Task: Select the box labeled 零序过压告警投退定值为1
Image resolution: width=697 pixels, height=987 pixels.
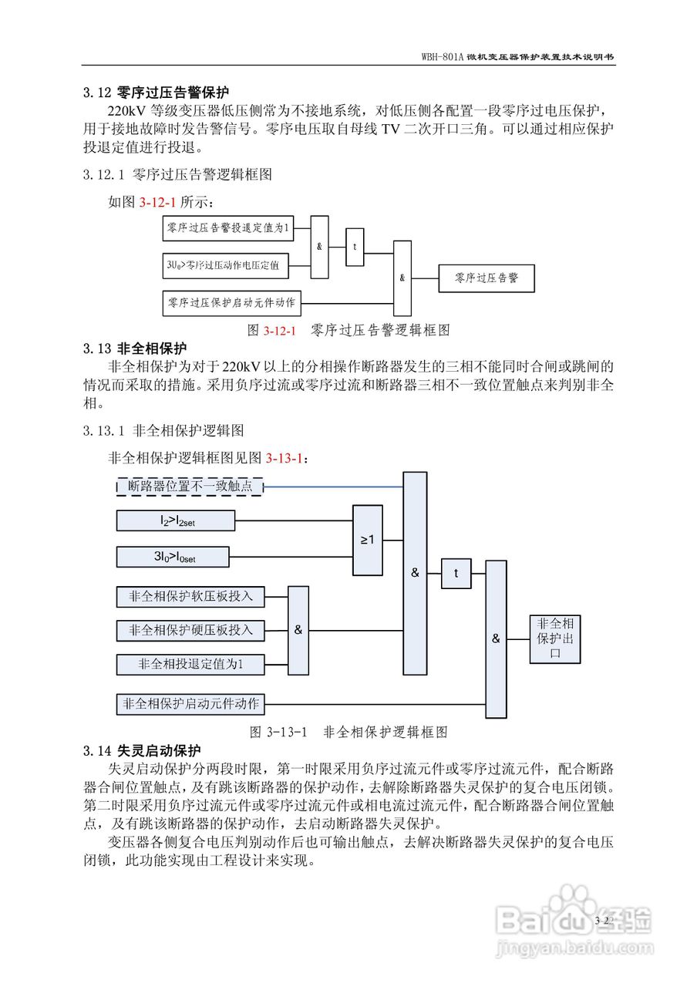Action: (227, 228)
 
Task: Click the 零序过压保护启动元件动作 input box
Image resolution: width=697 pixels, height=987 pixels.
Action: (232, 303)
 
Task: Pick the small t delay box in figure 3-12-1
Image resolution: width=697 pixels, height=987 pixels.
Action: (355, 248)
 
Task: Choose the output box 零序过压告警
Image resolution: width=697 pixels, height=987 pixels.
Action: (486, 278)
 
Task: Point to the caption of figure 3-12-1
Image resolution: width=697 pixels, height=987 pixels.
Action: (348, 330)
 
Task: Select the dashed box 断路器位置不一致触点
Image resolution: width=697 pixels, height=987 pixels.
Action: (190, 486)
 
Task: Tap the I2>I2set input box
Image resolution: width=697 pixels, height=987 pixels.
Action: (176, 521)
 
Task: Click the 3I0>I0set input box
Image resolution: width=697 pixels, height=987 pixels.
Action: (173, 557)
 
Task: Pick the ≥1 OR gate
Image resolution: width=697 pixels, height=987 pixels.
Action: (368, 540)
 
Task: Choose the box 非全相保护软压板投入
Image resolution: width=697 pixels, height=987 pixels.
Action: (190, 596)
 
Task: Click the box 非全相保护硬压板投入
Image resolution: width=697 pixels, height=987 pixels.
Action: (190, 630)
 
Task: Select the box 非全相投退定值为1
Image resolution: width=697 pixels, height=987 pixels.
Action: (190, 663)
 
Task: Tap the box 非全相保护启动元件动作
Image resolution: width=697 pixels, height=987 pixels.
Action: (190, 703)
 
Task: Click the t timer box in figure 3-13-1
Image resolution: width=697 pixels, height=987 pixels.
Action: (456, 574)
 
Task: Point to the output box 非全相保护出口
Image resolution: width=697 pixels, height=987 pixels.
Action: (554, 638)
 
